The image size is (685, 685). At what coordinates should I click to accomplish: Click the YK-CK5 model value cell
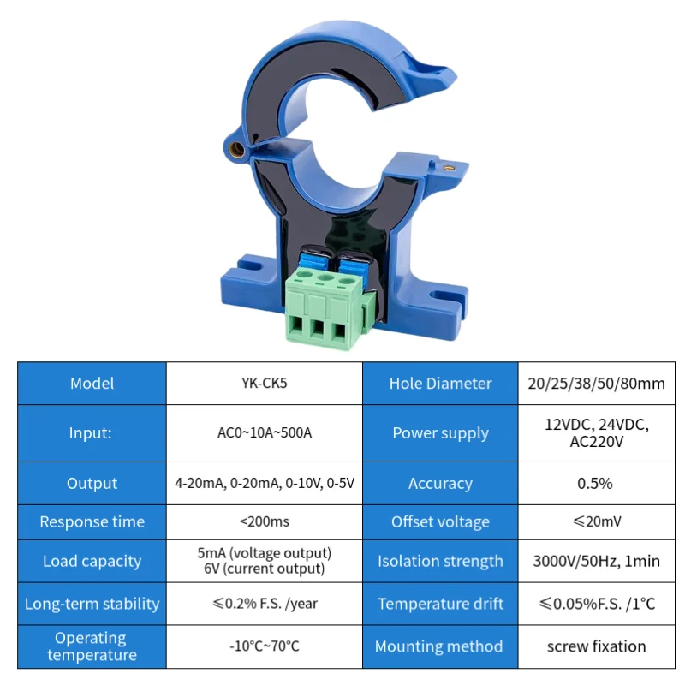pos(264,384)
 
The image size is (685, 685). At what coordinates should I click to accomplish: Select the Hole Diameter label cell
pos(440,384)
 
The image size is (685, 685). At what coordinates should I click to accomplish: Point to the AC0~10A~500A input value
pos(264,433)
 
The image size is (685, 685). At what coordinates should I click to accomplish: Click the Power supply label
pos(440,433)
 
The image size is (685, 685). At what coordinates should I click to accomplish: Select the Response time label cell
pos(92,522)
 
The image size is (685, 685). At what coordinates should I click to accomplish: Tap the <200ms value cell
pos(264,522)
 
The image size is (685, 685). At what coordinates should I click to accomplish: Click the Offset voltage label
pos(440,522)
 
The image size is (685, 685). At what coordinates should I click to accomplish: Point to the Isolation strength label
pos(440,562)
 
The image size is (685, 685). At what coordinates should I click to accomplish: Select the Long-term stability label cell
pos(92,604)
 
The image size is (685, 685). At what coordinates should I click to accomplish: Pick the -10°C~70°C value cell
pos(264,646)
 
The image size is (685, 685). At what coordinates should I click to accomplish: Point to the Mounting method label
pos(440,646)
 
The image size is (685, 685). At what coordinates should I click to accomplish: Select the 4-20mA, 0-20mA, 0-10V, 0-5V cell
pos(264,484)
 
